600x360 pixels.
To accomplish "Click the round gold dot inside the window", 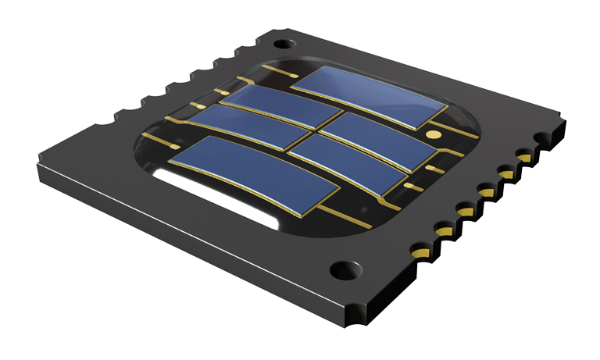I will click(x=430, y=135).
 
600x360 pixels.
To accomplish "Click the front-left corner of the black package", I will click(x=37, y=166).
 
